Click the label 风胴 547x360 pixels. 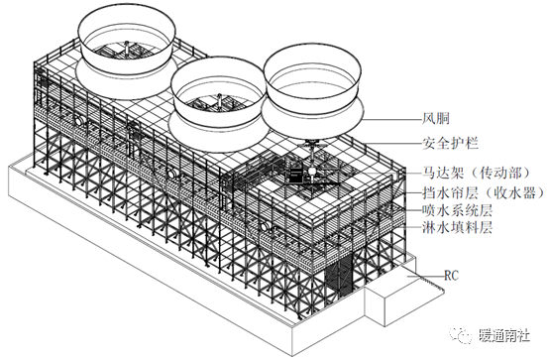(x=435, y=118)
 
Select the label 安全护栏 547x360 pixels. (x=450, y=143)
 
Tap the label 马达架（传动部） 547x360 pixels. (x=478, y=173)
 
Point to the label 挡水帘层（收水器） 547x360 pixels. (x=484, y=192)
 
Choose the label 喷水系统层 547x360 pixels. (x=457, y=210)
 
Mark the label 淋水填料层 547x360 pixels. (x=457, y=228)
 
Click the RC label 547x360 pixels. (x=452, y=276)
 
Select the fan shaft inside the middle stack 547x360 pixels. (x=219, y=100)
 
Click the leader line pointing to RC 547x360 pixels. (x=424, y=276)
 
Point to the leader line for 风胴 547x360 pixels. (x=391, y=119)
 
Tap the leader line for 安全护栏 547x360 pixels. (x=393, y=143)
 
